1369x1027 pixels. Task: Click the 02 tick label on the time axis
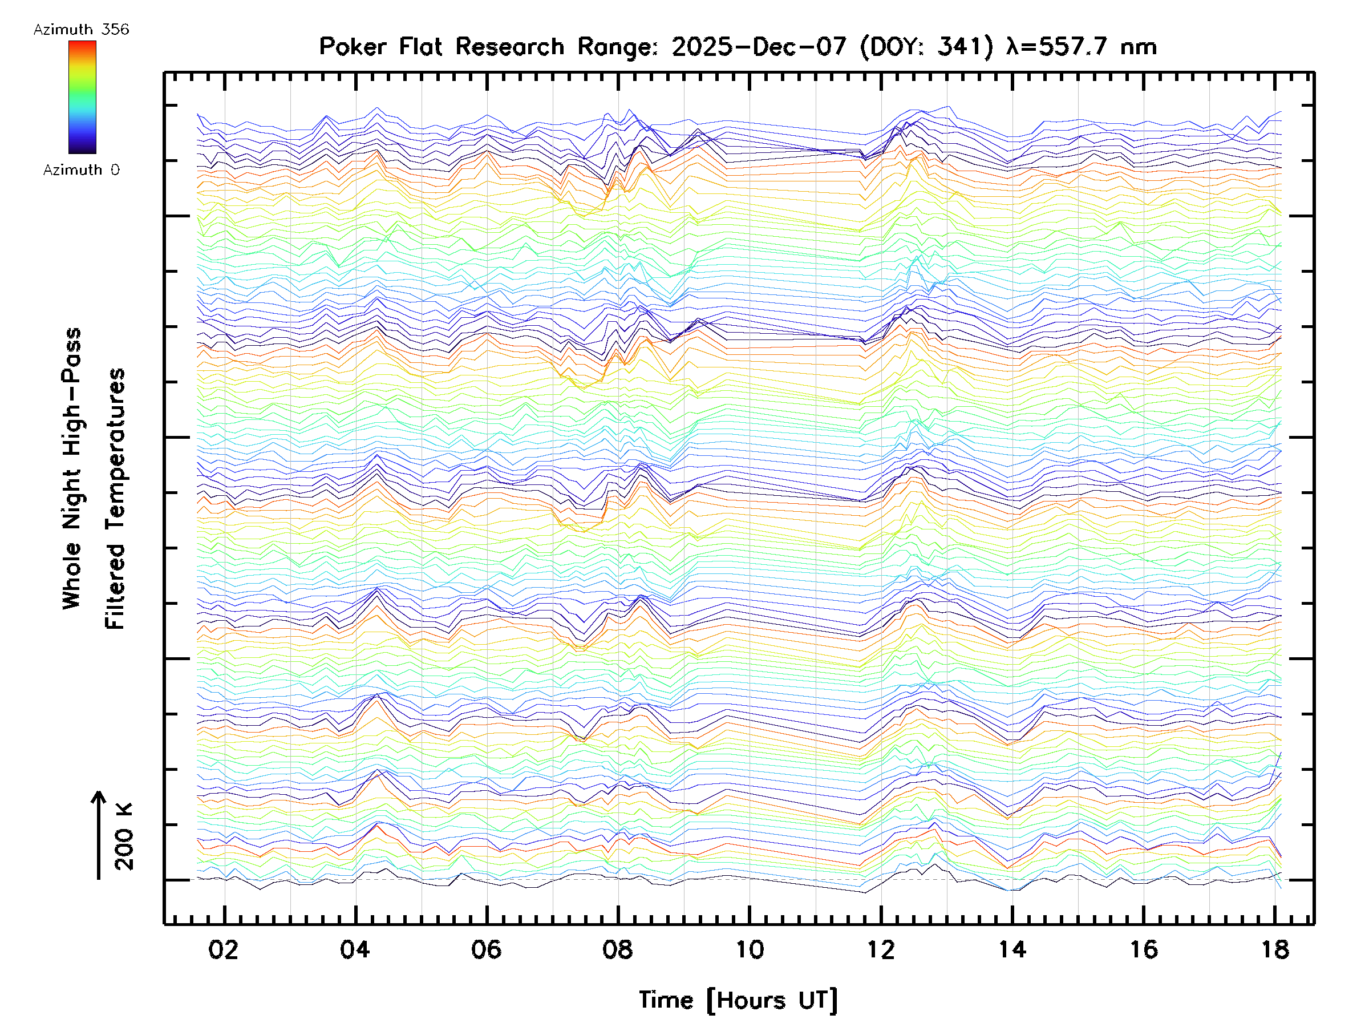pos(224,949)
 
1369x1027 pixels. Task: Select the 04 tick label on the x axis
pos(355,949)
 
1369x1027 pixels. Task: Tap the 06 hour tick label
pos(487,949)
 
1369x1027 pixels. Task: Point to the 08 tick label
pos(618,949)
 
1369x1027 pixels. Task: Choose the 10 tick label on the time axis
pos(750,949)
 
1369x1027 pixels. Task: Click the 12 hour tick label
pos(881,949)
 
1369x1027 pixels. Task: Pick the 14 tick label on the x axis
pos(1012,949)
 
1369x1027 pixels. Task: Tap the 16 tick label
pos(1144,949)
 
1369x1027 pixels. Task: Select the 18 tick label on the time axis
pos(1275,949)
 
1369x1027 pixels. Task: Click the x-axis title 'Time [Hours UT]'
pos(738,1000)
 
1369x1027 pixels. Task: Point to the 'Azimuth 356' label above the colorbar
pos(81,30)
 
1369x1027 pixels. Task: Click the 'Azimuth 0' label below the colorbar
pos(81,170)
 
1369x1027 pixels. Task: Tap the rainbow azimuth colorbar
pos(82,97)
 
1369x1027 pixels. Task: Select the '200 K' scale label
pos(124,836)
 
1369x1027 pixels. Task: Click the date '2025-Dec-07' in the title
pos(759,47)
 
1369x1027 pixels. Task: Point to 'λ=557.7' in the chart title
pos(1056,47)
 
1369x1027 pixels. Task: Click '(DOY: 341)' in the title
pos(927,47)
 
